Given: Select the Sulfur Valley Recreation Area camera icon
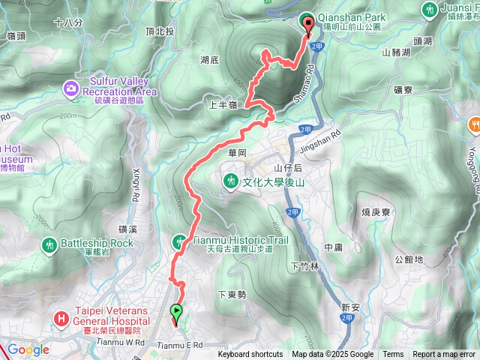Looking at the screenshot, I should (x=70, y=88).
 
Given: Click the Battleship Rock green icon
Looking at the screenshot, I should (x=49, y=244).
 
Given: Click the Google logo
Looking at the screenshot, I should (x=28, y=349).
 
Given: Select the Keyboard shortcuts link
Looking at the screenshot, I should (x=250, y=355).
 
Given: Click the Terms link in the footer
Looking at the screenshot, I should (x=393, y=355).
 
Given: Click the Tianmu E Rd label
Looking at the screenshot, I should (x=184, y=346).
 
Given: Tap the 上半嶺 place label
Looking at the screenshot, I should (x=223, y=105).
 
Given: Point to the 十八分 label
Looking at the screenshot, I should (x=68, y=23).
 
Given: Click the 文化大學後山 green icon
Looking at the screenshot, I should (x=232, y=181).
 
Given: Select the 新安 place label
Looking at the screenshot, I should (x=351, y=307).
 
